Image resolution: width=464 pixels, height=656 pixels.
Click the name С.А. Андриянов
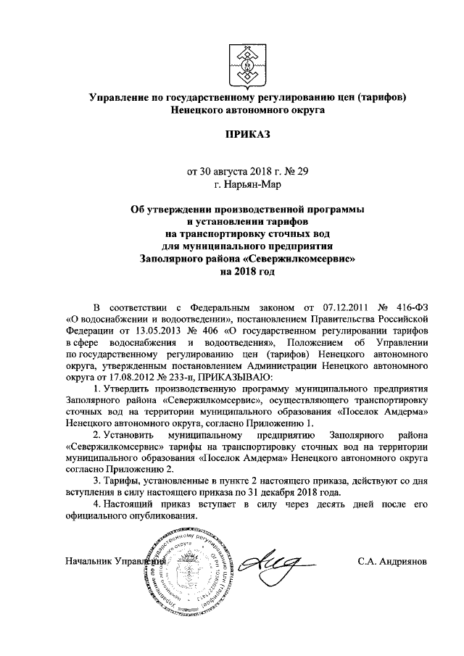[393, 562]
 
